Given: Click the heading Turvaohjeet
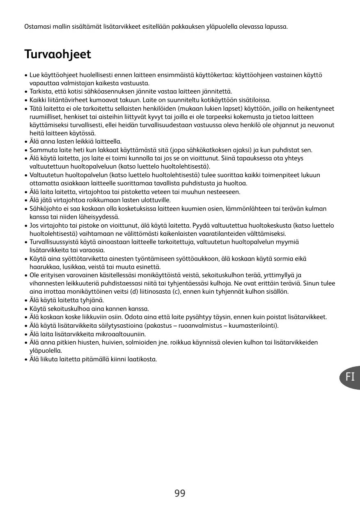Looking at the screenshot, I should tap(57, 54).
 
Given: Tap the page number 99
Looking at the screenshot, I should tap(180, 493).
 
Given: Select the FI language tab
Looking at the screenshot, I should tap(350, 377).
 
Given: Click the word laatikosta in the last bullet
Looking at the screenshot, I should tap(142, 359).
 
